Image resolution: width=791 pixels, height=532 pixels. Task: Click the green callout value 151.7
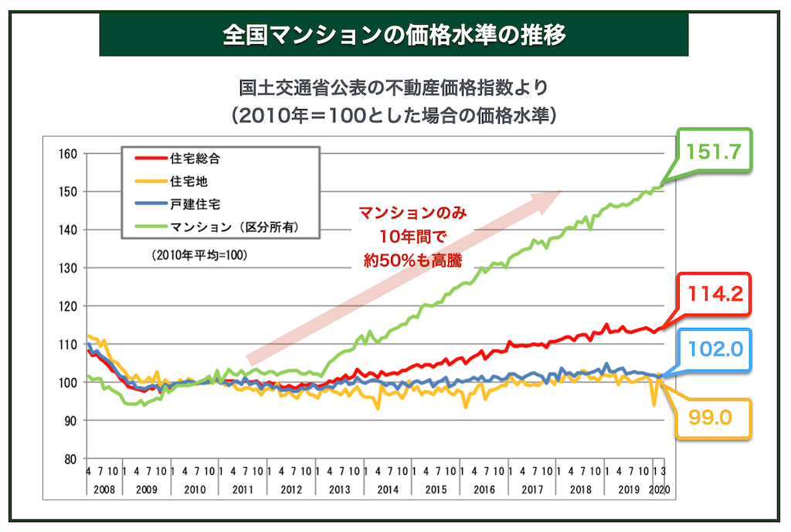pos(712,152)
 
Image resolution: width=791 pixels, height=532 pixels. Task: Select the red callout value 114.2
pos(711,294)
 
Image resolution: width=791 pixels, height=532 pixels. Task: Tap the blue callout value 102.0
pos(711,348)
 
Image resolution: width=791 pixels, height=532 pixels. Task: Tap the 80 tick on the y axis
pos(70,459)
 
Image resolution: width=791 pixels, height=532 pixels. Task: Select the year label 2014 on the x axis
pos(387,489)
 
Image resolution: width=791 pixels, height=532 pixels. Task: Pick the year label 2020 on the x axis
pos(658,489)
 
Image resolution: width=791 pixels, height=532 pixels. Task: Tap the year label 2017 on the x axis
pos(531,489)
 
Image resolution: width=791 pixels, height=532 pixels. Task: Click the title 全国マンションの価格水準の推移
pos(394,35)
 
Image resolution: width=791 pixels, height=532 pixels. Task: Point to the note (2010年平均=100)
pos(195,254)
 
